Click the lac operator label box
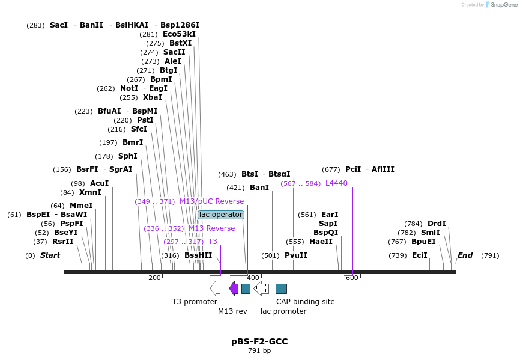221,215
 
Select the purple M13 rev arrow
234,288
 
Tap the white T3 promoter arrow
215,288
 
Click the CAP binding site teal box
281,288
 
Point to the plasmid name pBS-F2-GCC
259,341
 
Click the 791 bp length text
259,350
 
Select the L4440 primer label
336,183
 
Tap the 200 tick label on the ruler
154,278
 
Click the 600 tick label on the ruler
352,278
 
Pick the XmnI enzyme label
90,192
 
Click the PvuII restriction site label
296,255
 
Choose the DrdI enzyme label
437,224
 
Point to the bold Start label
50,255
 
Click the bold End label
465,255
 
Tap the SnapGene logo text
504,5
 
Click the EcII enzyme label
420,255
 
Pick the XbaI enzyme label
153,97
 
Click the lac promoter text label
283,311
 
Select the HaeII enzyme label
321,242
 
